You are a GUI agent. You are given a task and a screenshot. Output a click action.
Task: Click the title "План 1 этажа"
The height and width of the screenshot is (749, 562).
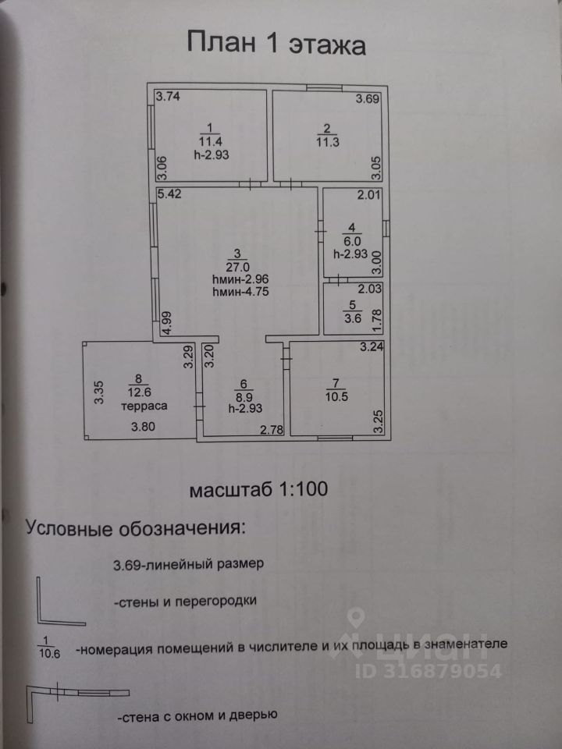click(x=276, y=43)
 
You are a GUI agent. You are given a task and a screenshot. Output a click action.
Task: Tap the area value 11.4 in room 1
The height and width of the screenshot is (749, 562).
click(x=209, y=141)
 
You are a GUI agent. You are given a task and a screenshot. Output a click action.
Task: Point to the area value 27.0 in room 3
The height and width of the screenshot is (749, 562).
click(x=238, y=265)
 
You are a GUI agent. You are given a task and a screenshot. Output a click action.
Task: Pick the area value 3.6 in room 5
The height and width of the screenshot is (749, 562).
click(x=352, y=318)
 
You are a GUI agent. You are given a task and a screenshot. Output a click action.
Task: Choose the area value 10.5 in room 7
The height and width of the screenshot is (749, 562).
click(x=335, y=396)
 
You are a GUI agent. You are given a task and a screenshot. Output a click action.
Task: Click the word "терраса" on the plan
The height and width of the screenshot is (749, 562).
click(x=144, y=406)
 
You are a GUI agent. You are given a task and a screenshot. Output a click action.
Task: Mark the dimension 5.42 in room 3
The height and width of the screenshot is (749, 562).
click(x=169, y=195)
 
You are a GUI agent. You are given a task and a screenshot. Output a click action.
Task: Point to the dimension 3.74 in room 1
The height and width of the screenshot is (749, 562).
click(x=168, y=98)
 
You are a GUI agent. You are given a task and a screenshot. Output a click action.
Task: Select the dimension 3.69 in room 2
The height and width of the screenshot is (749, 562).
click(x=368, y=99)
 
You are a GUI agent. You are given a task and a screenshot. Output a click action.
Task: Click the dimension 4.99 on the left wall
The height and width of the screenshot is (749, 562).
click(x=165, y=322)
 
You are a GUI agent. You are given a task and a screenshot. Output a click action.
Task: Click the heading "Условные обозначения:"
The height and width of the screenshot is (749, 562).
click(x=135, y=527)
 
